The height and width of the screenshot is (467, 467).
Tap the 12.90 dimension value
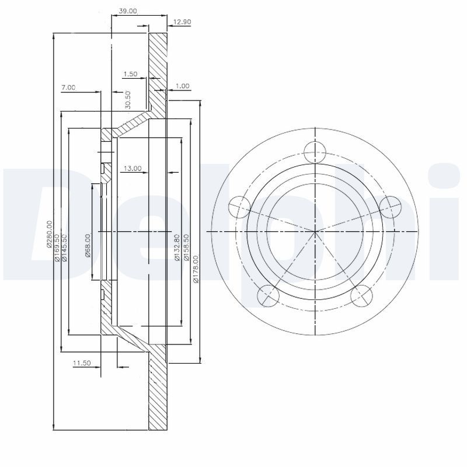pos(182,22)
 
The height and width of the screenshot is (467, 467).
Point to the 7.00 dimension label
pos(68,88)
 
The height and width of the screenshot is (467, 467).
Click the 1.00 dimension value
pos(182,86)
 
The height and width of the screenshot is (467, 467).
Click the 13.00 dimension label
pos(132,169)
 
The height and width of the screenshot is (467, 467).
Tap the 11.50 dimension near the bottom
pos(82,363)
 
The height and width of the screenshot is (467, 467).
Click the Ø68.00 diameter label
pos(88,245)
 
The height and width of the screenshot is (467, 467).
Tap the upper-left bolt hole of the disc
pos(238,207)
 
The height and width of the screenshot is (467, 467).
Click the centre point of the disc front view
pos(315,232)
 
